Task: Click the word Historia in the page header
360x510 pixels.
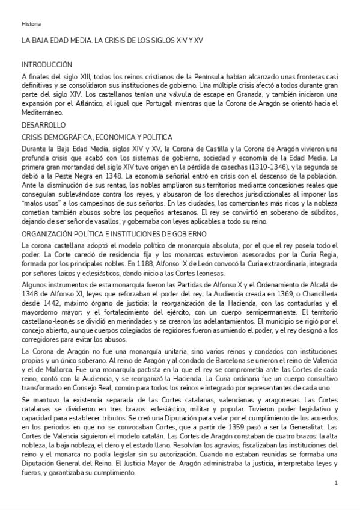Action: (31, 24)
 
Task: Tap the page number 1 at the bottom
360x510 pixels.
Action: (336, 482)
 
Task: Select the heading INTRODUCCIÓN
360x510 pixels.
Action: (47, 64)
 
